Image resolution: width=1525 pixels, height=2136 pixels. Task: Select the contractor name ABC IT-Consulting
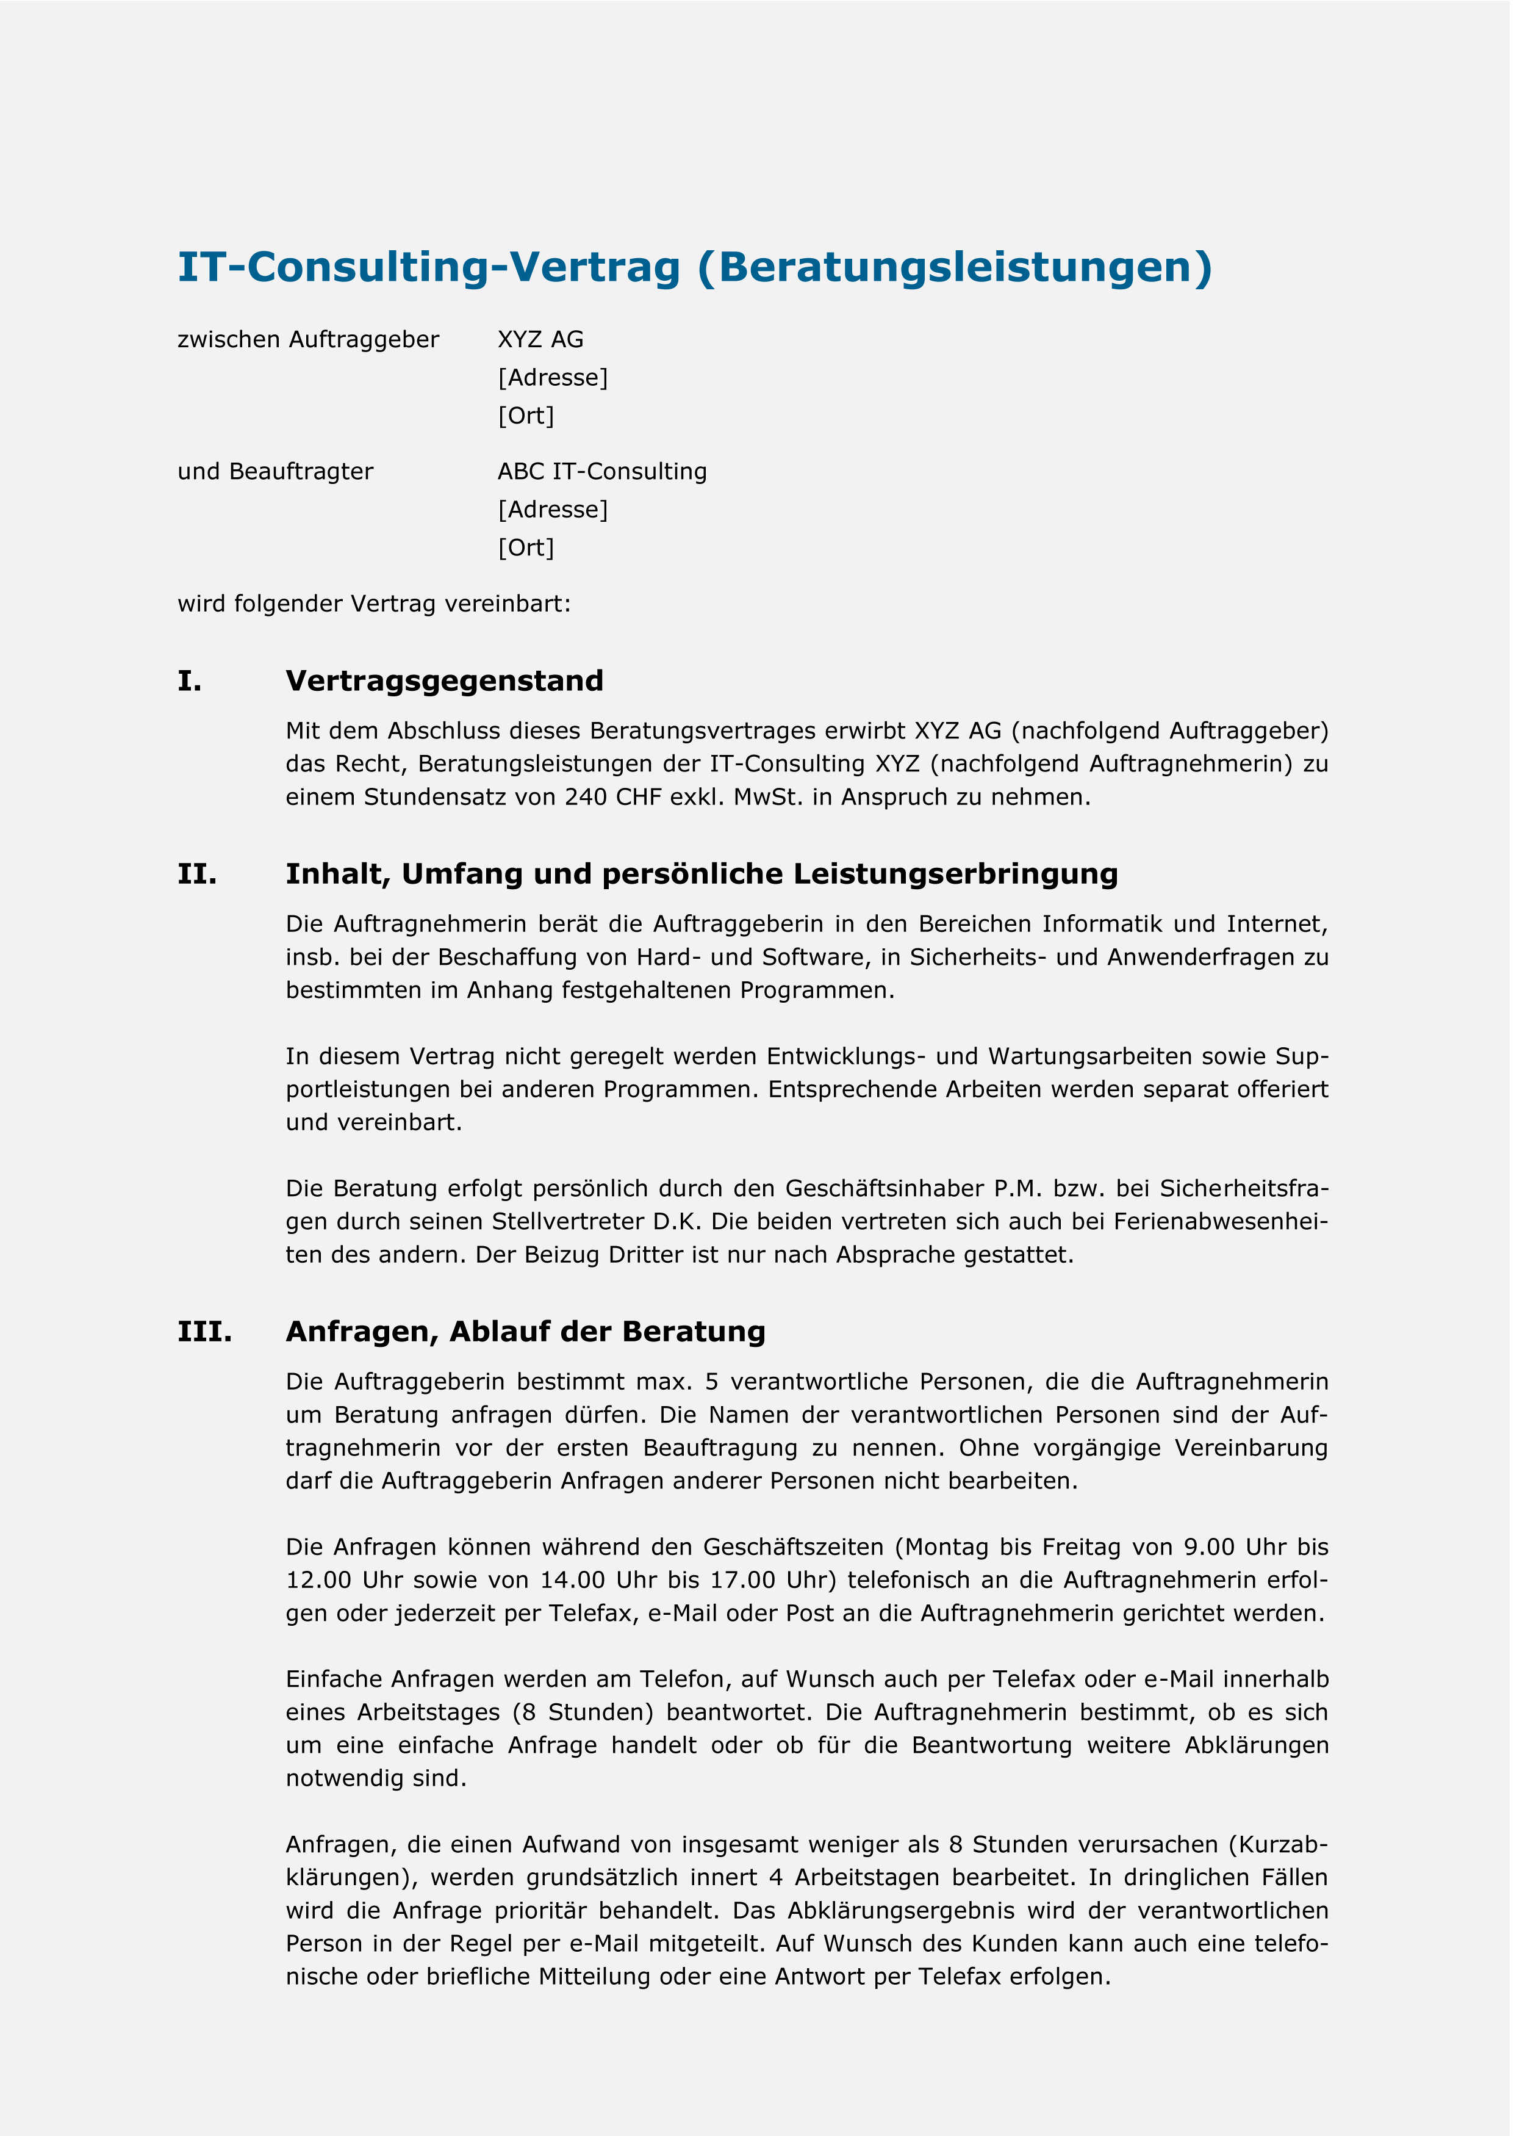point(602,472)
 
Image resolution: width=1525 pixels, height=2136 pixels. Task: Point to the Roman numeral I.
point(188,681)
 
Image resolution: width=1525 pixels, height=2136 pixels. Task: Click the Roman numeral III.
point(205,1332)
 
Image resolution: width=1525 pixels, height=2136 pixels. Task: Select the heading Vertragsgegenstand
point(444,681)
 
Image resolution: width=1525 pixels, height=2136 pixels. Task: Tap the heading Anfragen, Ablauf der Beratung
point(526,1332)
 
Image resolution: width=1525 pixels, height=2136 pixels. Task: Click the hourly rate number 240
point(585,798)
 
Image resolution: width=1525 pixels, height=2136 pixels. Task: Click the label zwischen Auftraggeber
point(308,340)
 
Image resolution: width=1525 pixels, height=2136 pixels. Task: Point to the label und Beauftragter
point(275,472)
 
